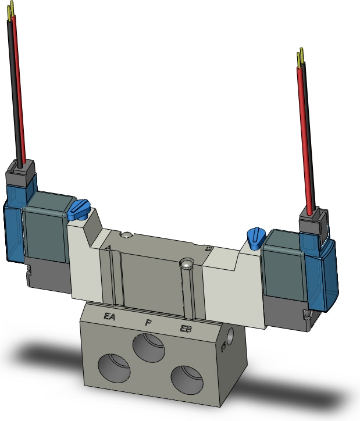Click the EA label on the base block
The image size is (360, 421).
[109, 317]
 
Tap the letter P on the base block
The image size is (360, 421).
[148, 322]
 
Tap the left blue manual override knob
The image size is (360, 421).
[79, 209]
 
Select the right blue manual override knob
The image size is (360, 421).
[255, 236]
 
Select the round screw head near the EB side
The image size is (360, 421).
[186, 264]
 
